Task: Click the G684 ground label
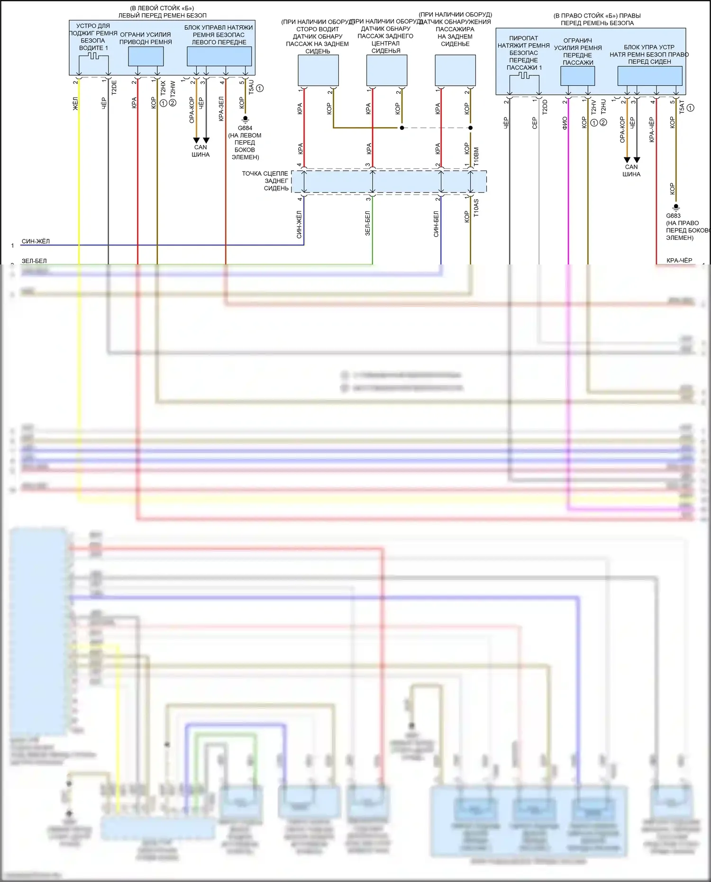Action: coord(245,128)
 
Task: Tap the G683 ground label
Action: coord(673,216)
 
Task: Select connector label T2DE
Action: coord(114,88)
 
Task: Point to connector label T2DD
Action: coord(545,107)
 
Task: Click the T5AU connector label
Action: coord(251,87)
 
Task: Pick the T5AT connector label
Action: coord(682,107)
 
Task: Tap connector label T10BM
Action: coord(476,156)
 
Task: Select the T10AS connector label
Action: coord(476,208)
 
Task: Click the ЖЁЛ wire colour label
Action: coord(75,104)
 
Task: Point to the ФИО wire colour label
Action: coord(565,123)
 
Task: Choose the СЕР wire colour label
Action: coord(535,123)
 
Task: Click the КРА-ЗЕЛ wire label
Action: coord(221,109)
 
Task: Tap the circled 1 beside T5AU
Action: coord(260,88)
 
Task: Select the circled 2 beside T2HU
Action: coord(603,122)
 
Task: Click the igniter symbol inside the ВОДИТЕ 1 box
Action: coord(93,56)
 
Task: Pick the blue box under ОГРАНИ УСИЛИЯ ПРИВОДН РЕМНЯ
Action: coord(146,56)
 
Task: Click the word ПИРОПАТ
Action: coord(523,38)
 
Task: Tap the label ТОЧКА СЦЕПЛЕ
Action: coord(265,173)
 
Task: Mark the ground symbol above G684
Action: coord(245,118)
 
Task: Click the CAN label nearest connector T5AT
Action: coord(631,167)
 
